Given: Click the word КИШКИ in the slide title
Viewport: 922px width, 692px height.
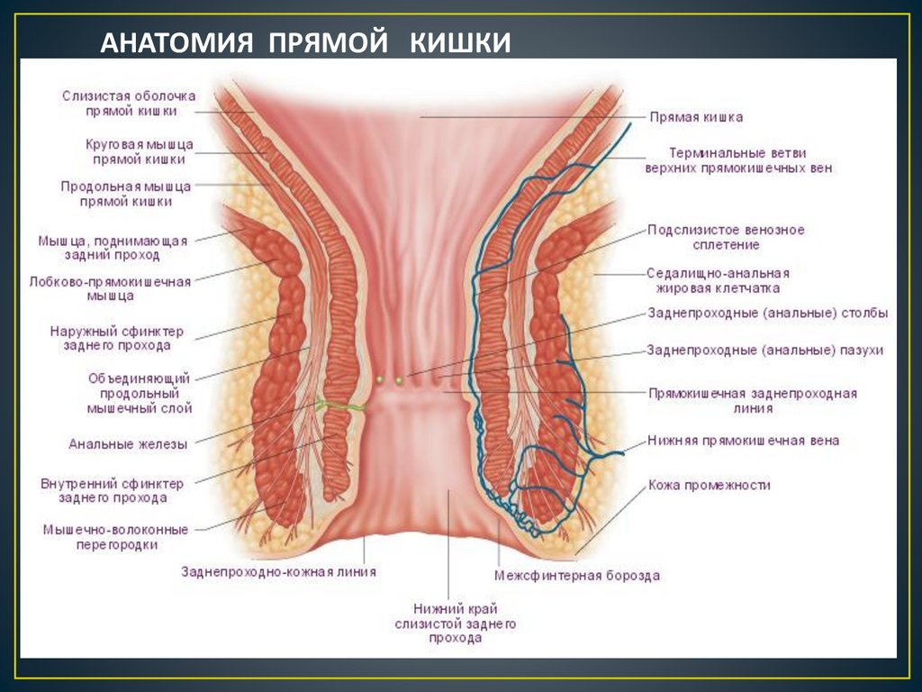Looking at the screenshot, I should (461, 42).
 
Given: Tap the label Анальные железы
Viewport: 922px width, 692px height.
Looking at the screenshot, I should (128, 443).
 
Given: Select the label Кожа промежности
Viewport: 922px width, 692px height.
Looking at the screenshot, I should (710, 486).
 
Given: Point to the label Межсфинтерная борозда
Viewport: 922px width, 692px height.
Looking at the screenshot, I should (577, 575).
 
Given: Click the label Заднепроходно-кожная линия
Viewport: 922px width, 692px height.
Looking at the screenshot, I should (278, 571).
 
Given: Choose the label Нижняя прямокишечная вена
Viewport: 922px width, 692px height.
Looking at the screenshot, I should (743, 441).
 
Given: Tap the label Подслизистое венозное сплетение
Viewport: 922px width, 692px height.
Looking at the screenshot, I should (726, 237).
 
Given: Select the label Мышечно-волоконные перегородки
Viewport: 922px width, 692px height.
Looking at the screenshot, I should (115, 537).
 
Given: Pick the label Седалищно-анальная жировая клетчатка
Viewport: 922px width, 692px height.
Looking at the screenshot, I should (718, 280).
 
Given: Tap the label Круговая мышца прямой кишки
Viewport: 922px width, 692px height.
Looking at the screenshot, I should (139, 151).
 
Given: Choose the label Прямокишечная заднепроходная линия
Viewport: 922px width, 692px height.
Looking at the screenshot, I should (752, 400).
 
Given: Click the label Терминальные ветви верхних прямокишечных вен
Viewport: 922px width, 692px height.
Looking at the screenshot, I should (738, 160).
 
